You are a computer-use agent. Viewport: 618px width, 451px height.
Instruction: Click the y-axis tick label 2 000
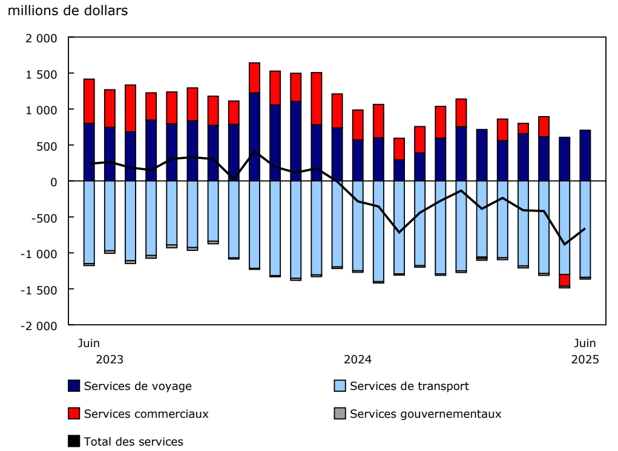click(x=42, y=38)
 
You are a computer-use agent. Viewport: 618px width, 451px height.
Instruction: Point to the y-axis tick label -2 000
click(x=40, y=325)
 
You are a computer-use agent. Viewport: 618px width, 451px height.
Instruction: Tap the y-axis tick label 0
click(x=53, y=181)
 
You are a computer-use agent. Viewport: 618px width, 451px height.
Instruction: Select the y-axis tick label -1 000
click(x=40, y=253)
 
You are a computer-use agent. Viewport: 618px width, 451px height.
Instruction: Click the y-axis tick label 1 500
click(x=42, y=74)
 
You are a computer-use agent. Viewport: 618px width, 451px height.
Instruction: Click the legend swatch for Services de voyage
click(x=74, y=386)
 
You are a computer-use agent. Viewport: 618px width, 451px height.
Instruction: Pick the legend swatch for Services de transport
click(x=340, y=386)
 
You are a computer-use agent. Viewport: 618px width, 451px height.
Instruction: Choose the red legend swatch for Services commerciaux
click(x=74, y=414)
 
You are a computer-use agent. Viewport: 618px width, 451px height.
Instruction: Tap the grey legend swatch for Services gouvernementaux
click(x=340, y=414)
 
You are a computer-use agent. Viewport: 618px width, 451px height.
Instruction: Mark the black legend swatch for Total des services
click(x=74, y=441)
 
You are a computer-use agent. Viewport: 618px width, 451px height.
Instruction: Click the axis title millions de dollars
click(x=68, y=11)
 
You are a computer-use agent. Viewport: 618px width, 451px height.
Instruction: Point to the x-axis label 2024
click(x=358, y=359)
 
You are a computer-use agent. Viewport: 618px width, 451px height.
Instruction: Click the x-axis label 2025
click(x=585, y=359)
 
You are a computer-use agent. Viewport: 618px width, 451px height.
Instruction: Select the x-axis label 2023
click(x=110, y=359)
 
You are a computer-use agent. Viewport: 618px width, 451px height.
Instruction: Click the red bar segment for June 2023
click(x=89, y=101)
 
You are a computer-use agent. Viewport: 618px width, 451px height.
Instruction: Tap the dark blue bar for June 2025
click(x=585, y=155)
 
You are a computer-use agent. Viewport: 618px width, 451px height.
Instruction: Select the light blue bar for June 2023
click(x=89, y=222)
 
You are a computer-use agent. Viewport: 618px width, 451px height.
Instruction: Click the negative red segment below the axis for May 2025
click(x=565, y=280)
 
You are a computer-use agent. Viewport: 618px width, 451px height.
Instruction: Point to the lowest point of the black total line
click(x=565, y=244)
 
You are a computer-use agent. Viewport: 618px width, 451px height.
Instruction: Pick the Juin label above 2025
click(x=585, y=343)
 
